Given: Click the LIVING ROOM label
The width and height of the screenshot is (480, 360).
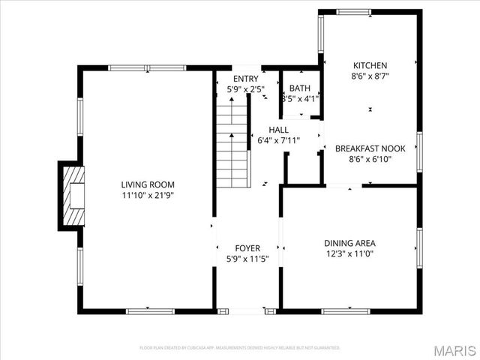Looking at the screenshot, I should [148, 184].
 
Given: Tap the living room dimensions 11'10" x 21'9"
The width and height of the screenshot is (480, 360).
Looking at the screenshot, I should [148, 195].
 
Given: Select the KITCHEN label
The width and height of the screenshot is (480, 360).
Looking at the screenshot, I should [370, 64].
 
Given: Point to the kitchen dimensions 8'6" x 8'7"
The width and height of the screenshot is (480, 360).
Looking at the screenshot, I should [370, 76].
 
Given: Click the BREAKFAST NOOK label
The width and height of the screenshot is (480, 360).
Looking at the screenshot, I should [370, 148].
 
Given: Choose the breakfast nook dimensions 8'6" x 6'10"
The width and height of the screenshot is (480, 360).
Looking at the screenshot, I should [370, 159].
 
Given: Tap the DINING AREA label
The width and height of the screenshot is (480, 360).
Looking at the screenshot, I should [349, 243].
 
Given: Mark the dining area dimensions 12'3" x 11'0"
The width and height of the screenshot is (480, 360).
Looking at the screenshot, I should [349, 254].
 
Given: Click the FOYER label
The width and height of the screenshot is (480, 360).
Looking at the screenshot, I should [247, 248].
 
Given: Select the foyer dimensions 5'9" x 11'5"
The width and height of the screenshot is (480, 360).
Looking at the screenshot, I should [247, 259].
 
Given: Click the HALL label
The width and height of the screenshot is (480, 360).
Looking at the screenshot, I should [278, 129].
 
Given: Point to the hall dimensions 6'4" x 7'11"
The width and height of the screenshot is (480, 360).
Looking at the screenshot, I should [278, 140].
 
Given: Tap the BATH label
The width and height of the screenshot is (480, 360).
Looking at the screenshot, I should [300, 88].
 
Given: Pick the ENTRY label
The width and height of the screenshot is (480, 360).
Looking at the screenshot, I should [245, 79].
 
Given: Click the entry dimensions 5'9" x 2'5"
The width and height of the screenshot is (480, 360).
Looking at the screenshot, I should [245, 90].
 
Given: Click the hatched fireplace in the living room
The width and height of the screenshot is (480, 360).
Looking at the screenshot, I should [73, 196].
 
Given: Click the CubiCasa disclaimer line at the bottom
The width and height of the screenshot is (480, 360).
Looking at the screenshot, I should [240, 348].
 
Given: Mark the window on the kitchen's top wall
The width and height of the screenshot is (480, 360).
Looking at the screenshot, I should [353, 11].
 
